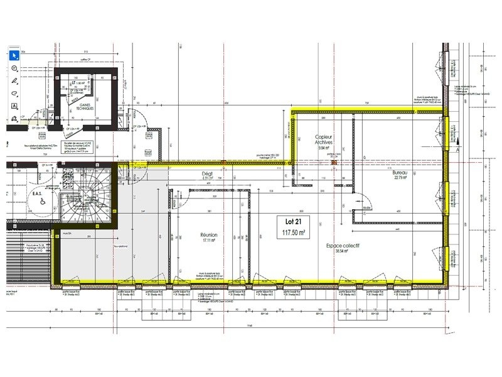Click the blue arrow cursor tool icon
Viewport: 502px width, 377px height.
coord(15,55)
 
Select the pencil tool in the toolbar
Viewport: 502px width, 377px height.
coord(15,80)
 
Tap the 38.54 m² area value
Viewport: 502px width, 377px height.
coord(342,251)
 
